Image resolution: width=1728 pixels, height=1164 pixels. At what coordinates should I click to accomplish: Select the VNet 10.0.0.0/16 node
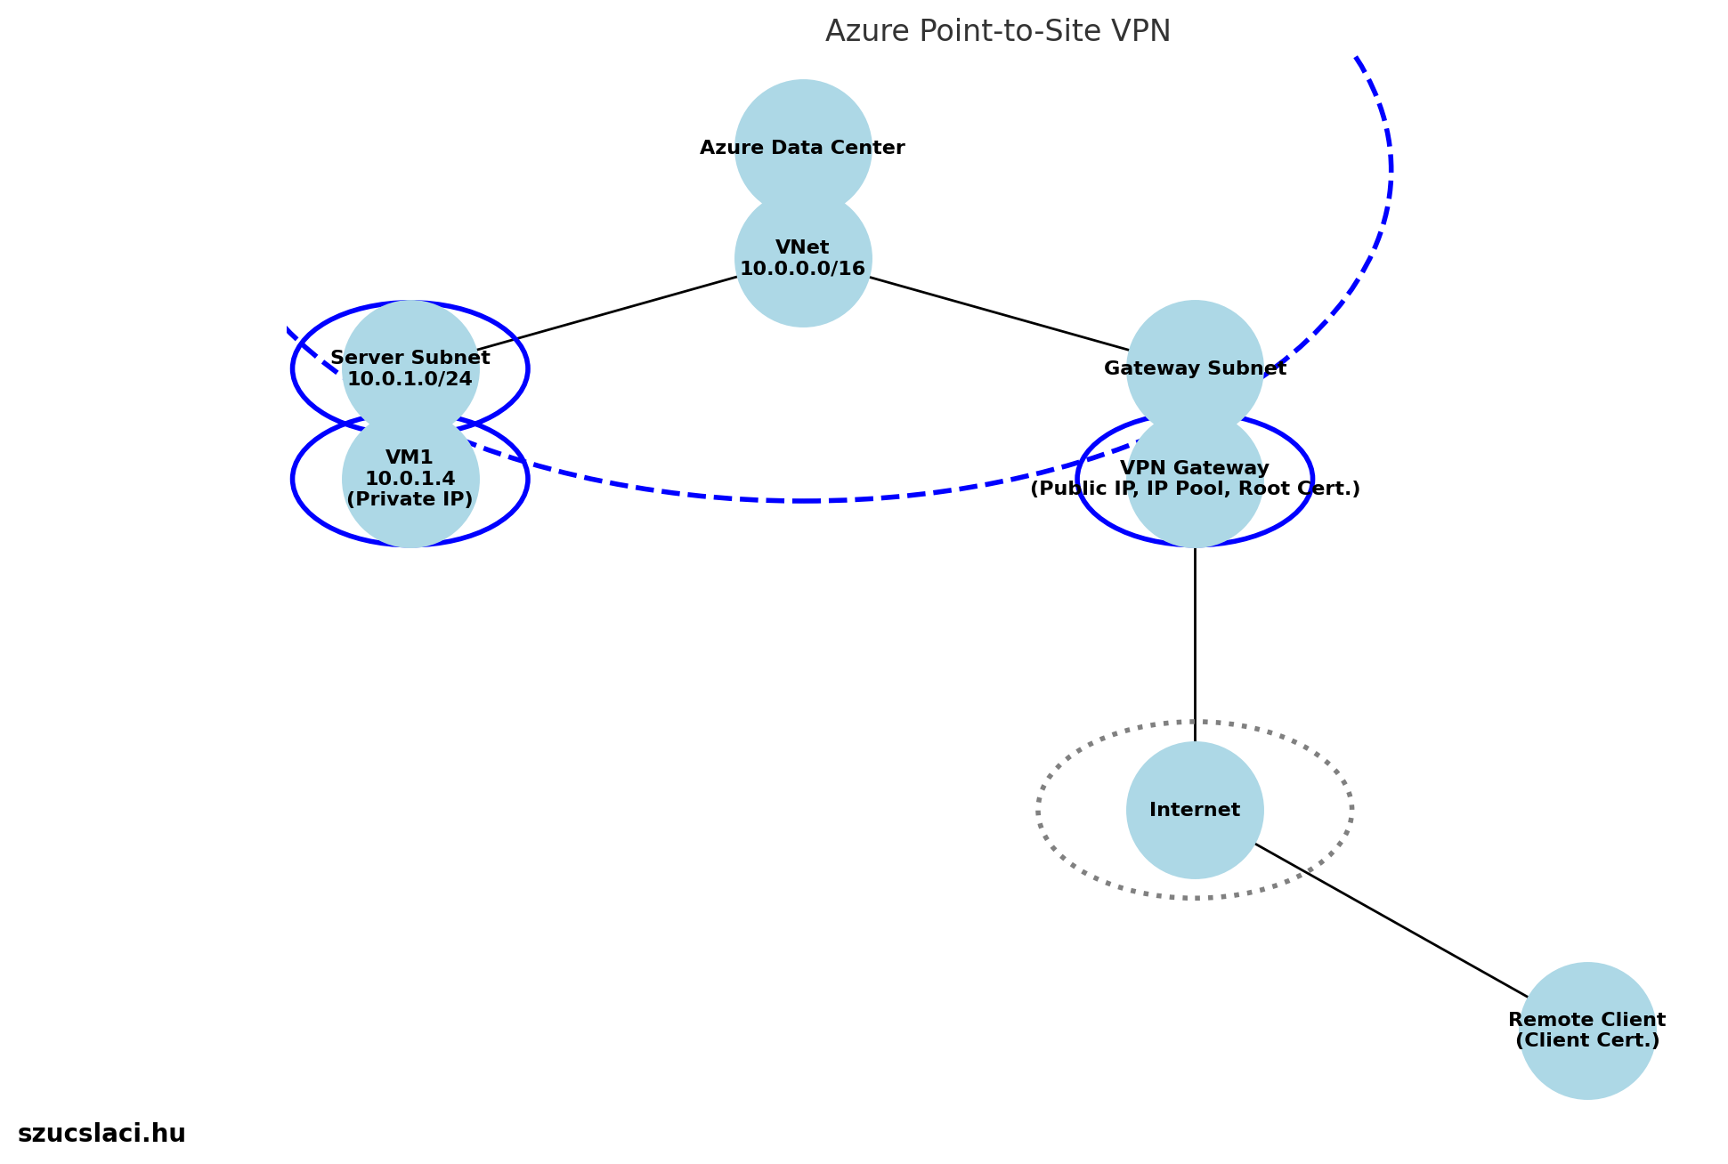point(802,294)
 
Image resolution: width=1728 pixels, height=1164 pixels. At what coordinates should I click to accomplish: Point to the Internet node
point(1195,837)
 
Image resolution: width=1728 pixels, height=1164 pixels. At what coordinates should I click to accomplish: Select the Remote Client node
point(1586,1068)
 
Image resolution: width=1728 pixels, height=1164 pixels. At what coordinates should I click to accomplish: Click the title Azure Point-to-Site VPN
point(997,31)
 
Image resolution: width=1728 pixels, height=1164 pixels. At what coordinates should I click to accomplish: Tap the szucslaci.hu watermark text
point(101,1134)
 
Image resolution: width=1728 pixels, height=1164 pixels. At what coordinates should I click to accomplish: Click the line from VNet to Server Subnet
point(605,314)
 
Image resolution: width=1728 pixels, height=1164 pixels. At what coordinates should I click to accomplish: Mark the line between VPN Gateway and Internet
point(1195,641)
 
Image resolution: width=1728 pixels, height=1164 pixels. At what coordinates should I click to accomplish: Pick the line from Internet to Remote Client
point(1389,920)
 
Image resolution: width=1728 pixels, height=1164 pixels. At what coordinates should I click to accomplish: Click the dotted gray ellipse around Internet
point(1040,810)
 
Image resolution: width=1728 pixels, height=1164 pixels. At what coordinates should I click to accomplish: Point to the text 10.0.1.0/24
point(410,379)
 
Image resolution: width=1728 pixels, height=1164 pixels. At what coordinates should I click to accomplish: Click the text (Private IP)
point(410,499)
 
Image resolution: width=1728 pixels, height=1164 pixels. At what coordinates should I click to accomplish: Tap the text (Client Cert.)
point(1586,1040)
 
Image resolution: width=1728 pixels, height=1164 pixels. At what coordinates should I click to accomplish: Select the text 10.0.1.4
point(410,479)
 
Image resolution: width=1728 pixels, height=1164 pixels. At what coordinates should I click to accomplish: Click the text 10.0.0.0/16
point(802,269)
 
